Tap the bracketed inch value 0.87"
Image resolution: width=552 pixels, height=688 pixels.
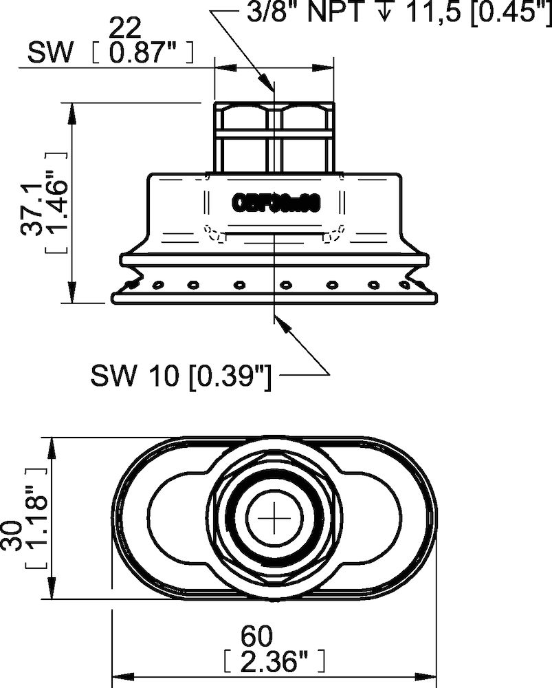(x=141, y=53)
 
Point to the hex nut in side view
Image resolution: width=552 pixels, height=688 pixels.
(x=274, y=138)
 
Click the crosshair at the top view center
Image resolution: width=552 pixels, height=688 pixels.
(x=274, y=518)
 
